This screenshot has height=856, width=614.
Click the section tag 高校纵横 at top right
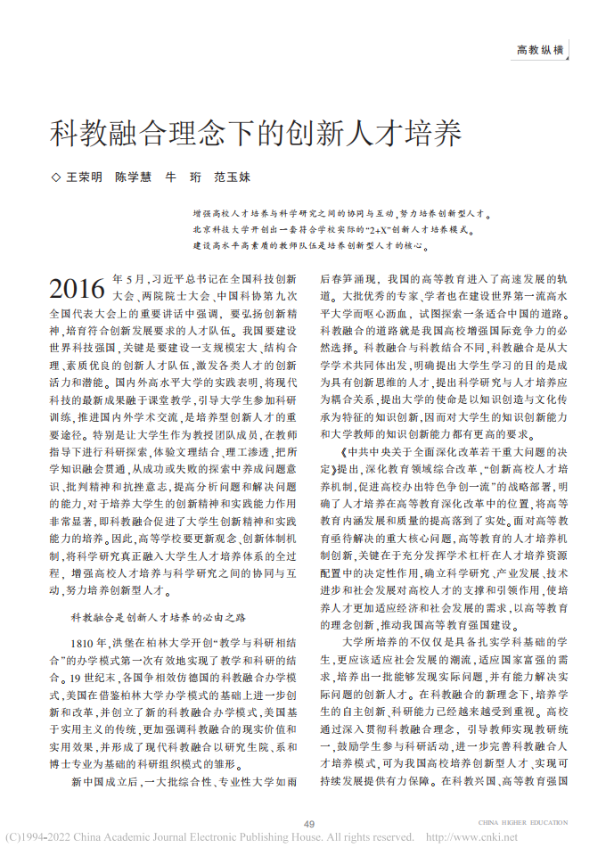click(x=540, y=51)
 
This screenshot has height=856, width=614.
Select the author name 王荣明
click(x=85, y=178)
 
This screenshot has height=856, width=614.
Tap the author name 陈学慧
click(x=133, y=178)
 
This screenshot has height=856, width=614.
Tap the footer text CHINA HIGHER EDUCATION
click(x=522, y=822)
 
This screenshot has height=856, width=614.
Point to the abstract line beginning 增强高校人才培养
click(x=340, y=215)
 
